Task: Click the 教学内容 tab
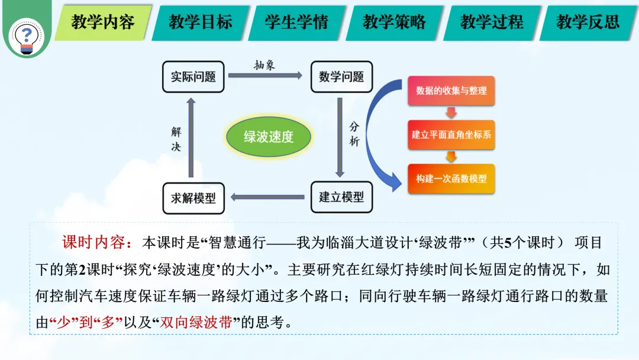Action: (103, 22)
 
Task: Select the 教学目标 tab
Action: (200, 22)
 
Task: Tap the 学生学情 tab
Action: (296, 22)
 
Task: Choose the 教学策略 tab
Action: (394, 22)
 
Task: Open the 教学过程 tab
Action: (492, 22)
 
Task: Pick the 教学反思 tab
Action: (588, 22)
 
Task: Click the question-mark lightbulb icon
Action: (27, 37)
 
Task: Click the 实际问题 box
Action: (193, 76)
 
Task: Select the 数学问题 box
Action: (341, 76)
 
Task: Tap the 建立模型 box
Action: (341, 197)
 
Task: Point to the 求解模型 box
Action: (193, 198)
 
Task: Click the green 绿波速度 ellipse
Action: (269, 137)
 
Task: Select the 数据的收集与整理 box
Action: (451, 91)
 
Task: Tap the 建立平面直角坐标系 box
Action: (451, 134)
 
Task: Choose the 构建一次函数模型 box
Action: (451, 179)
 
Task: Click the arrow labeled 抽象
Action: (265, 75)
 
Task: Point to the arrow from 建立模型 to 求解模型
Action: (267, 197)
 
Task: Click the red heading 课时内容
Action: (97, 243)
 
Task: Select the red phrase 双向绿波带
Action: (196, 323)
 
